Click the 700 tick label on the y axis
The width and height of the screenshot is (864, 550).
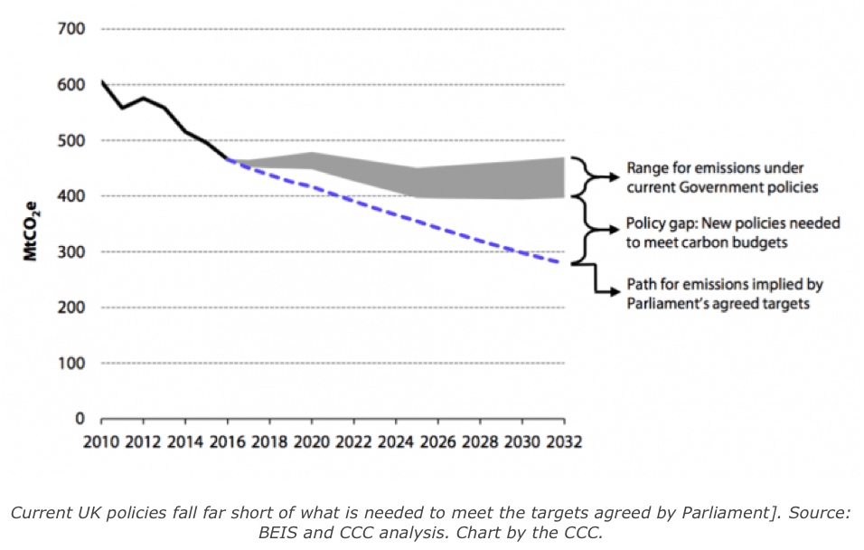[x=72, y=29]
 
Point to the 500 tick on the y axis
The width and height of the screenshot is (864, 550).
[x=72, y=141]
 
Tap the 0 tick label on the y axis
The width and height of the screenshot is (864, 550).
[x=80, y=419]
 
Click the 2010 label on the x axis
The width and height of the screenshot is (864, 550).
[x=101, y=443]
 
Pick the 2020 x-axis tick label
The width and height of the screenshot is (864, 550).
[x=311, y=443]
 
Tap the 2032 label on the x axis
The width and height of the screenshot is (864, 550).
[x=563, y=443]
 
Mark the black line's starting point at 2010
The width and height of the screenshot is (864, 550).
[x=101, y=82]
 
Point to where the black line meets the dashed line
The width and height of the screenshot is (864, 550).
[x=228, y=160]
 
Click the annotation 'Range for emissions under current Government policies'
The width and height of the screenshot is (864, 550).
[x=715, y=177]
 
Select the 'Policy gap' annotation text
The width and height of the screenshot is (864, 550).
[x=733, y=232]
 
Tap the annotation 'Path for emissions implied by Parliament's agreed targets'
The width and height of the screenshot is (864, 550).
[x=725, y=294]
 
